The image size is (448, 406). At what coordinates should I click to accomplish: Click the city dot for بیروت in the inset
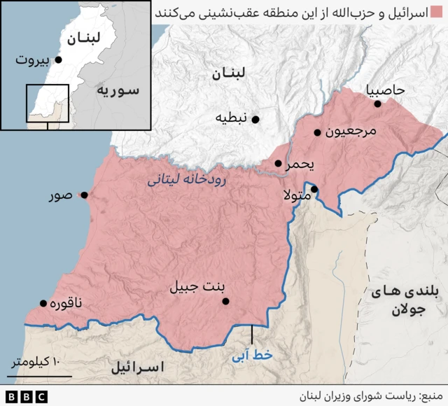58,60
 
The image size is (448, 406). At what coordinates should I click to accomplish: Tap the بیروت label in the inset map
33,61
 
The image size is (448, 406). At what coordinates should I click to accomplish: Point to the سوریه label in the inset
118,90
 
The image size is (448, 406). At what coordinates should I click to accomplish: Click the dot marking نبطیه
255,120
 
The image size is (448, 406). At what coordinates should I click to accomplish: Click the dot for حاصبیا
377,104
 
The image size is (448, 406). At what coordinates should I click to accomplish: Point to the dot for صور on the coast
84,196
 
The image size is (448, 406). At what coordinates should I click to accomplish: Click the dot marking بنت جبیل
225,302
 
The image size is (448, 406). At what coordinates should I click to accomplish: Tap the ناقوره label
69,303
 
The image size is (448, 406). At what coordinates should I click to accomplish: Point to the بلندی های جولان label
400,302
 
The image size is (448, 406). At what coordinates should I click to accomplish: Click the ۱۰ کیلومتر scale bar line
39,376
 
